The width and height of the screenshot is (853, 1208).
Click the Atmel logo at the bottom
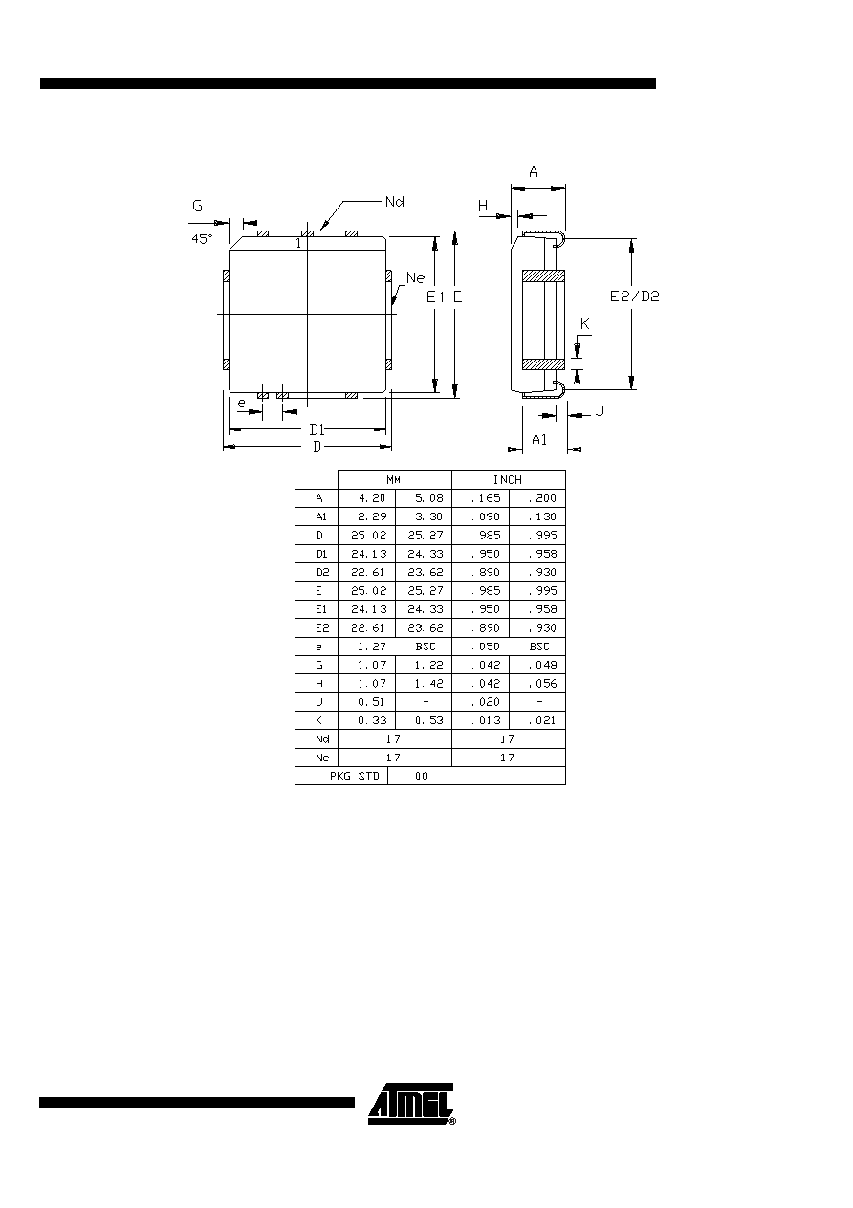pos(411,1104)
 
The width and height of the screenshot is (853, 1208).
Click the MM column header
pos(394,479)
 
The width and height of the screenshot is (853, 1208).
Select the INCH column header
pos(508,479)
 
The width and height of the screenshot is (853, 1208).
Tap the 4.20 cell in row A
pos(372,498)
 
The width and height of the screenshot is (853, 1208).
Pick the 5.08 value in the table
pos(429,498)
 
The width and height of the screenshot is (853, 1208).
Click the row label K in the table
pos(318,720)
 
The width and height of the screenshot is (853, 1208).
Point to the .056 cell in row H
pos(542,683)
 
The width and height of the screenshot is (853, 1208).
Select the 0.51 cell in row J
pos(371,702)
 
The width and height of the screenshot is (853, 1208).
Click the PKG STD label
pos(354,776)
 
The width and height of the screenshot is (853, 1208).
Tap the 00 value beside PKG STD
pos(422,776)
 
